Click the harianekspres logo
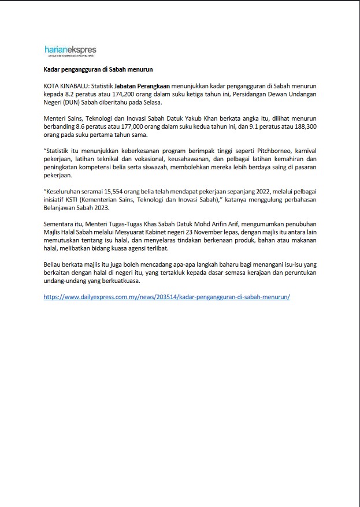coord(70,51)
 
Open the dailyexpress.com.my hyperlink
coord(166,296)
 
